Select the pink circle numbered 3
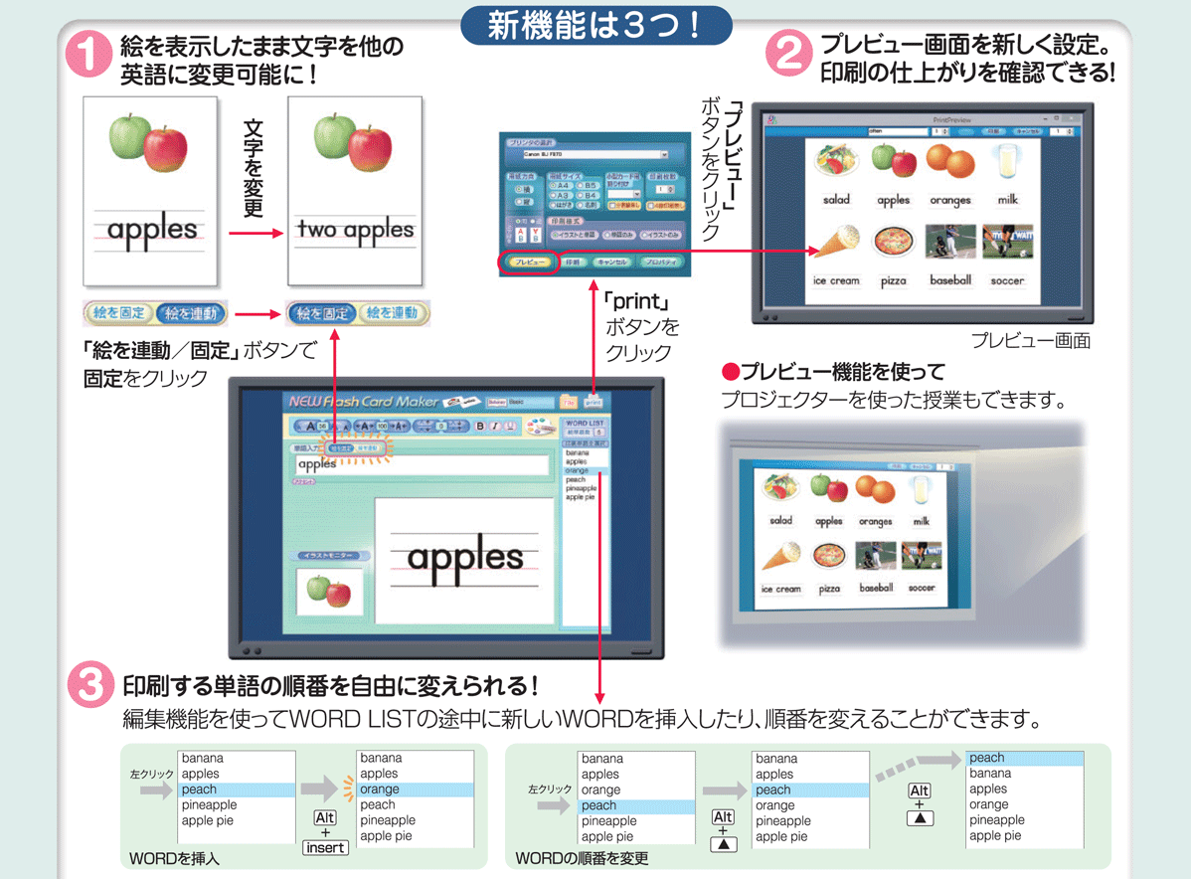(90, 685)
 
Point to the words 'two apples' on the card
(355, 230)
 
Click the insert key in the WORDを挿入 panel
(325, 848)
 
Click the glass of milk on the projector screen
(921, 489)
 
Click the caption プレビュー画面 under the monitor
(1031, 341)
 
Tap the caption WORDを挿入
(174, 857)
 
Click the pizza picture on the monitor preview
(893, 243)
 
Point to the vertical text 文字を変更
(253, 168)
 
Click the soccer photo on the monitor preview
(1007, 242)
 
